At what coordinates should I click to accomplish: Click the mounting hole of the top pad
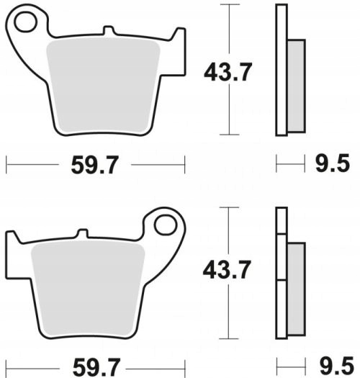coord(25,22)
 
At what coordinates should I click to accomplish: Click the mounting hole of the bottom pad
coord(166,225)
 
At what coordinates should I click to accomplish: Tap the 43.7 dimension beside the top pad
coord(228,72)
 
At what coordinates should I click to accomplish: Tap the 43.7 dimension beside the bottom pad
coord(227,269)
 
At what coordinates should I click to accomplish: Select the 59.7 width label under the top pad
coord(95,165)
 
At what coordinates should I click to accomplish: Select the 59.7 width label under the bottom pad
coord(96,368)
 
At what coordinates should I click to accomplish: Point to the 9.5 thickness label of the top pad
coord(333,163)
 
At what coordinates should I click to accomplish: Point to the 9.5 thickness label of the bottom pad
coord(337,367)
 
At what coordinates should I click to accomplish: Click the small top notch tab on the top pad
coord(109,30)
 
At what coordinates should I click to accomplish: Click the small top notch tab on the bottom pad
coord(82,233)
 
